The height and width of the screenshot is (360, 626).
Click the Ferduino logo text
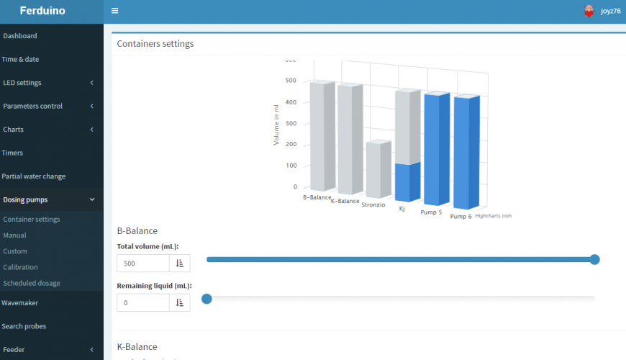point(42,11)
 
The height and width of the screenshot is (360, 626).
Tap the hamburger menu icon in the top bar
point(115,11)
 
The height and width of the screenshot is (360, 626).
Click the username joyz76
point(610,11)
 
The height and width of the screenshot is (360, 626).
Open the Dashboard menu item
point(20,35)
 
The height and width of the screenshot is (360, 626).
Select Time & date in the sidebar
point(21,59)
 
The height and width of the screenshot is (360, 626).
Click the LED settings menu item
point(22,83)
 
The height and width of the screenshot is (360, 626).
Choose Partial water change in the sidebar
point(34,176)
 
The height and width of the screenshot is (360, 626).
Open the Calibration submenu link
point(20,267)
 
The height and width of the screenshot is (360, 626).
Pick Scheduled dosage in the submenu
point(32,283)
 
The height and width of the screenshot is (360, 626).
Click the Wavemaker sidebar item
point(20,303)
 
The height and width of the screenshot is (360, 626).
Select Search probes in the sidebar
point(24,326)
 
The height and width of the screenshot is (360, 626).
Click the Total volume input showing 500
point(143,264)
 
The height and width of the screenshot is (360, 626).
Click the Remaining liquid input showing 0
point(143,303)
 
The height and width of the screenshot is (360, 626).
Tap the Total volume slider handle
point(594,259)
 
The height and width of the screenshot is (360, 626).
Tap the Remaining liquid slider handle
point(207,299)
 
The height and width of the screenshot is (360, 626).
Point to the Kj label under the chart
point(402,209)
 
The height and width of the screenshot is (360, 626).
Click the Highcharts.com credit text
point(493,215)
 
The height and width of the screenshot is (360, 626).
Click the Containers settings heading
point(155,43)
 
